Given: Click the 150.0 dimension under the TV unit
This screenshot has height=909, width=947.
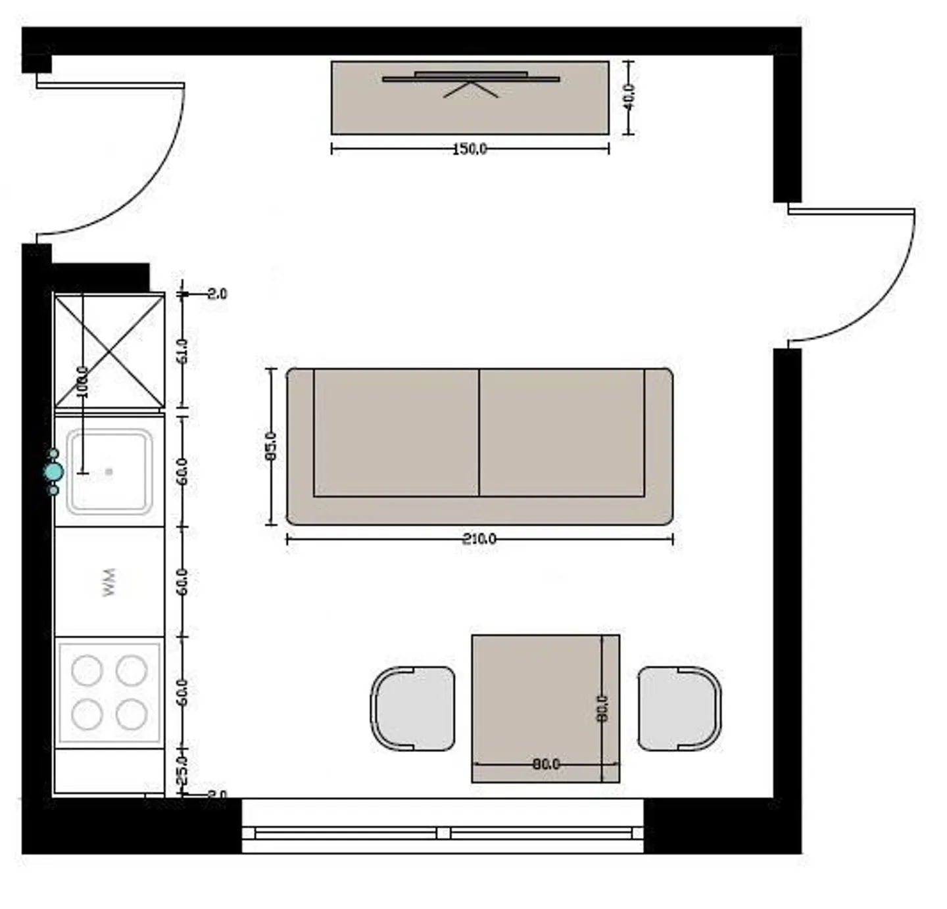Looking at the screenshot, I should tap(470, 149).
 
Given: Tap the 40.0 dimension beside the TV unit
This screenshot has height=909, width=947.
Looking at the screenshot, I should tap(629, 97).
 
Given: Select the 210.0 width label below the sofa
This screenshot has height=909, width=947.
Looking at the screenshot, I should tap(479, 539).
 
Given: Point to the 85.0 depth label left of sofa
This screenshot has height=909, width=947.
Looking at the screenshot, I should tap(271, 446).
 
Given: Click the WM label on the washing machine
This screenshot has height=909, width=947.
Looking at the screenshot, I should tap(109, 582).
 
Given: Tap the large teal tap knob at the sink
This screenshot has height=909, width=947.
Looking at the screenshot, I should tap(54, 472).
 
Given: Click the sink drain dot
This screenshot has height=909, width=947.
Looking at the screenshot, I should tap(109, 471).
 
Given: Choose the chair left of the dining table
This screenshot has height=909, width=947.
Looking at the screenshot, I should tap(413, 709).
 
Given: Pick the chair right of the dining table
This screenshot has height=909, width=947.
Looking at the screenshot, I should tap(679, 709).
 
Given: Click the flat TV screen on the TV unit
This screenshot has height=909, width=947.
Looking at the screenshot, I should tap(471, 78).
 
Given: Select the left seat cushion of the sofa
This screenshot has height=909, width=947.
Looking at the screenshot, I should tap(396, 432).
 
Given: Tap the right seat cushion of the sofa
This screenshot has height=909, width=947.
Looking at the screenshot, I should tap(562, 432).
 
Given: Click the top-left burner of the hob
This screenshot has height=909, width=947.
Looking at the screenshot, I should tap(87, 670).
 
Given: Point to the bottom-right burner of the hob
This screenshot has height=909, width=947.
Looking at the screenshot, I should tap(132, 714).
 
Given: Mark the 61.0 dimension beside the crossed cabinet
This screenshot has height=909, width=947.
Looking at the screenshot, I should tap(183, 351).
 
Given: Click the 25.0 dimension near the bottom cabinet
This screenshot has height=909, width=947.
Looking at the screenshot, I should tap(183, 770).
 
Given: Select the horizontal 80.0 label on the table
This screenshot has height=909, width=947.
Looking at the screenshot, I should tap(546, 764).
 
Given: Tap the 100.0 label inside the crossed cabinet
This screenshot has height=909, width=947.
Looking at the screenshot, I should tap(83, 381).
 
